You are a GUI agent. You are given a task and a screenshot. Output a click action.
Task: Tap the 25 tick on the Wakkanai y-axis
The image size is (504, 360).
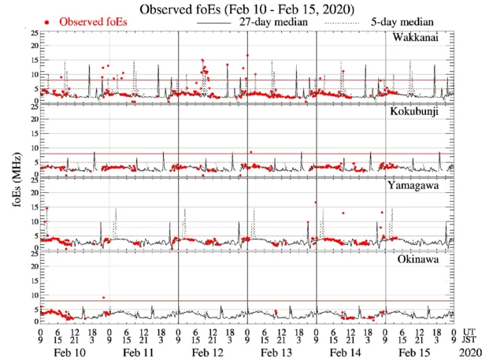[32, 34]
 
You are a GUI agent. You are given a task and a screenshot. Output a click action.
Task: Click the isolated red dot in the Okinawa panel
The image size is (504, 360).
[103, 298]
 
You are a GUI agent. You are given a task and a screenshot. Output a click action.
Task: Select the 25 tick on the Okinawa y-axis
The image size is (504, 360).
[32, 254]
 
